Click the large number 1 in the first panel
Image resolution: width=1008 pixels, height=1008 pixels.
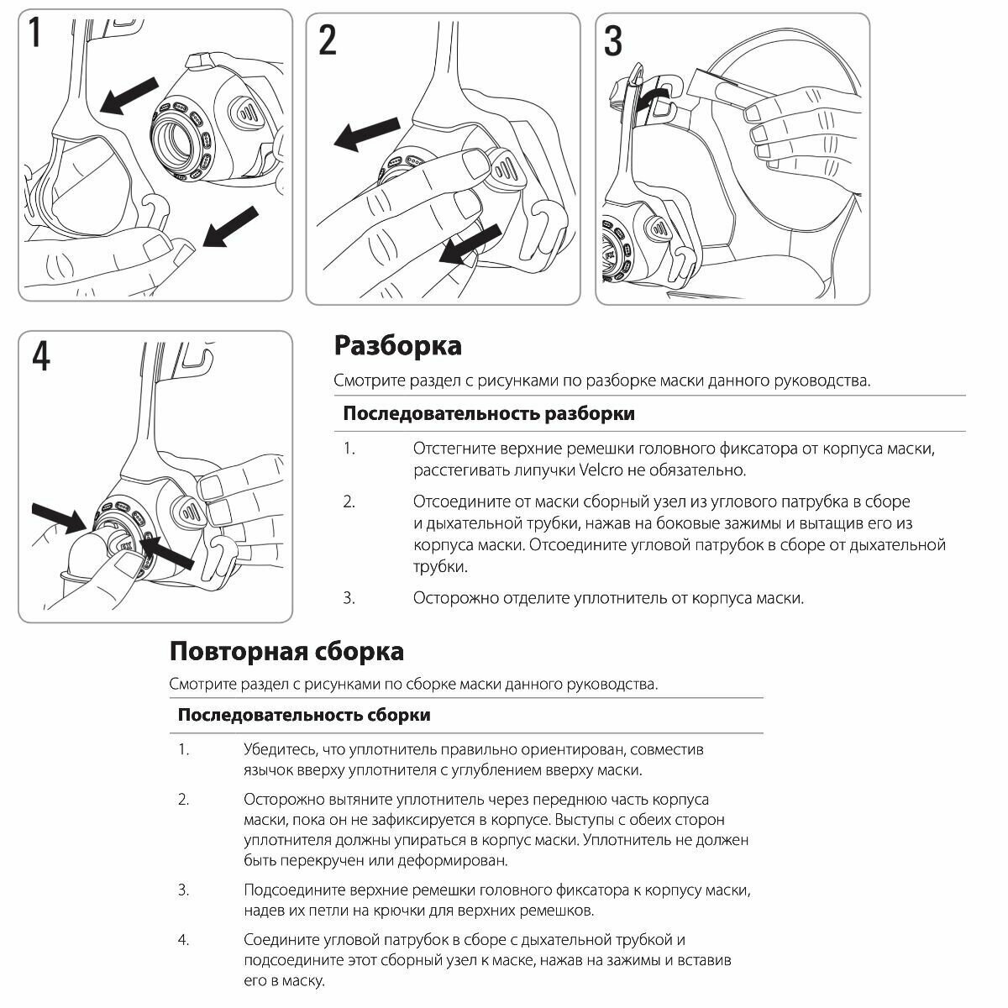click(x=34, y=35)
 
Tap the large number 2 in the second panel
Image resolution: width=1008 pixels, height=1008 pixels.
click(x=328, y=39)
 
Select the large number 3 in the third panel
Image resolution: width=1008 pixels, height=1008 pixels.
click(x=613, y=39)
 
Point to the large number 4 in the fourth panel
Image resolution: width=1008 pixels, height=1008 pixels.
click(x=40, y=356)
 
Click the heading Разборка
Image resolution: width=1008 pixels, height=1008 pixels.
click(x=397, y=345)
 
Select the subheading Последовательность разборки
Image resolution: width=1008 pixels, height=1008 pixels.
click(x=489, y=413)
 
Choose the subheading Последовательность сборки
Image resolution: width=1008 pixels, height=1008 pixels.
click(x=304, y=715)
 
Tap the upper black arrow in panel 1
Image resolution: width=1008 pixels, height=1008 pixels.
click(x=129, y=94)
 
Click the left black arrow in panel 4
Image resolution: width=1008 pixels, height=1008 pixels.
click(x=57, y=517)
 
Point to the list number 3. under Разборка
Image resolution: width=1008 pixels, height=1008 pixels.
click(x=349, y=598)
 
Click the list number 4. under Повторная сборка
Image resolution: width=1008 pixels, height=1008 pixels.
click(x=183, y=940)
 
